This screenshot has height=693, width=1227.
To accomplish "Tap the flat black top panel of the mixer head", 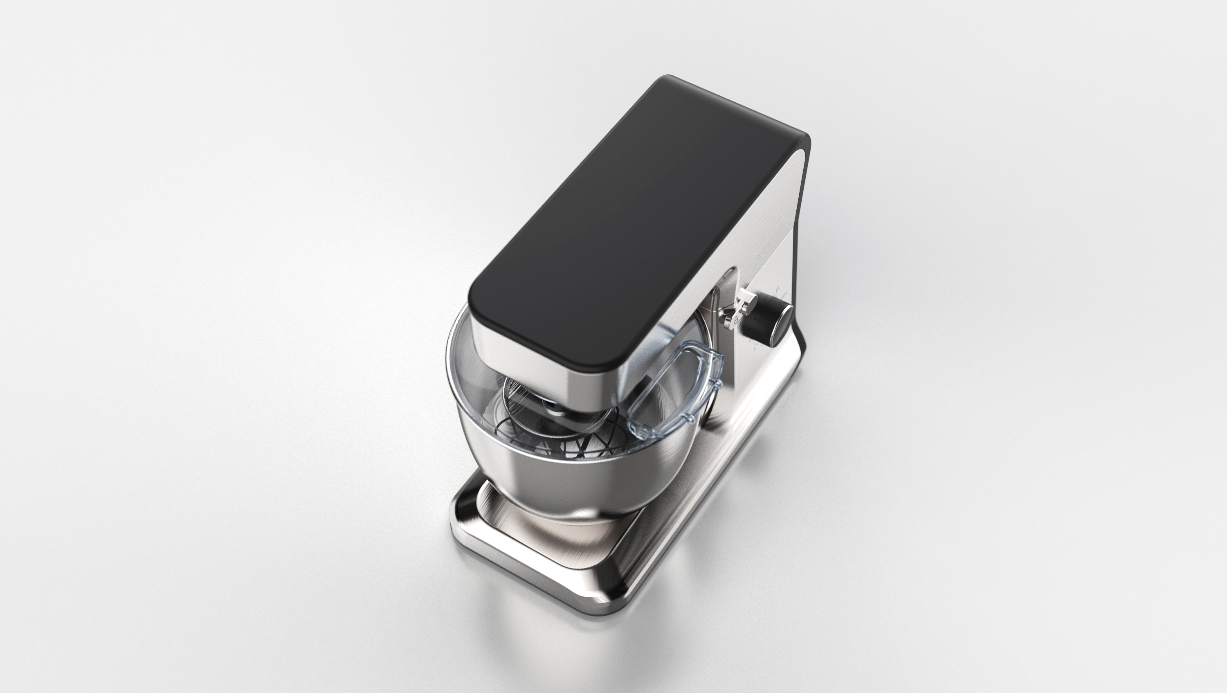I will [634, 219].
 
